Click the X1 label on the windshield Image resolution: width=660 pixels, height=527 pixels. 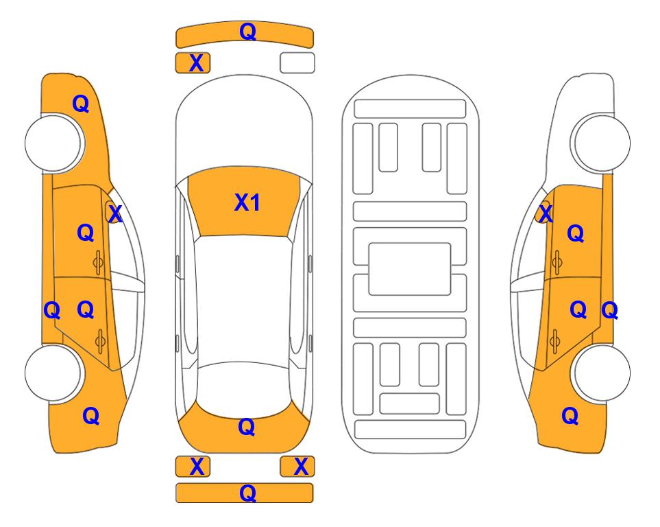247,202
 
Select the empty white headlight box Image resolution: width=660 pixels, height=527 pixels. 297,63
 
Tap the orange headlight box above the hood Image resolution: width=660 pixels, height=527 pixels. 193,63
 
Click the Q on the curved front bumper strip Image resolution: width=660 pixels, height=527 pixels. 248,31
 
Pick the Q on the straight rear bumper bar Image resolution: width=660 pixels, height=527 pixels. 247,493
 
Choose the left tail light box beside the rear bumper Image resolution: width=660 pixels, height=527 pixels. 193,467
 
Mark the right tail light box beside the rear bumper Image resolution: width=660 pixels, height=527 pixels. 297,467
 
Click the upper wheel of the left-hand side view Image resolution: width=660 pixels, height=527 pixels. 53,143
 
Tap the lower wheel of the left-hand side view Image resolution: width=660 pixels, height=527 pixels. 53,373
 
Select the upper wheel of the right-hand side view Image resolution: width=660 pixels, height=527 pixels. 602,143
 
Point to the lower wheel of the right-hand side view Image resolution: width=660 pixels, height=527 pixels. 602,373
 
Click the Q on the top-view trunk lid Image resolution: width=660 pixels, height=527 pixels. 246,427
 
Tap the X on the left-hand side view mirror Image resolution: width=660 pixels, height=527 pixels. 115,213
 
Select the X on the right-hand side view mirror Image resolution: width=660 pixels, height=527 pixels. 546,213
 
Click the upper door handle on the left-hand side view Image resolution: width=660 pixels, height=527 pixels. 98,262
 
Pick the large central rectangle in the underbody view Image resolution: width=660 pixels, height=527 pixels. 410,269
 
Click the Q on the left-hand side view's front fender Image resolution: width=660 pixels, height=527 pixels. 81,104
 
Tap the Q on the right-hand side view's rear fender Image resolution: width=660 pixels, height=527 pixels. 570,416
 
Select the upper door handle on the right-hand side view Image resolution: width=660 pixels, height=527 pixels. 557,262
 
